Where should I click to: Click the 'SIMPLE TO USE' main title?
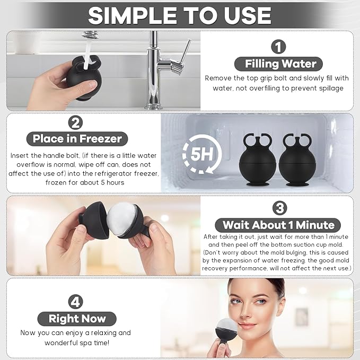180,15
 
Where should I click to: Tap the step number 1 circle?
278,46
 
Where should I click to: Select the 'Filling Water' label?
280,64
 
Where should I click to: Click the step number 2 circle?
76,122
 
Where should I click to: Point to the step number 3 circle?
278,207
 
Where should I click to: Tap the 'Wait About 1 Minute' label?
278,225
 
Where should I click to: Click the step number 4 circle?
76,302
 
